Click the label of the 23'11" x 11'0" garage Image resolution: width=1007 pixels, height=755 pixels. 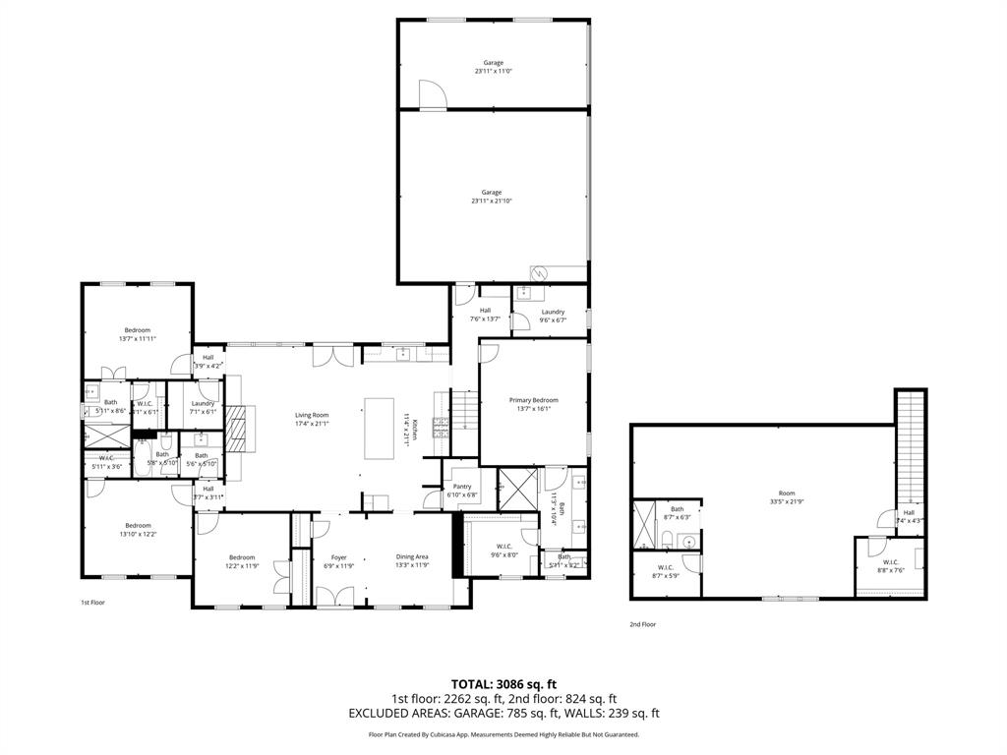[493, 63]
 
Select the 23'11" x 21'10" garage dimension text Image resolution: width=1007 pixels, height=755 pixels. [492, 202]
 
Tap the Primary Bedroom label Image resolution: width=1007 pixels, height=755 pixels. [533, 400]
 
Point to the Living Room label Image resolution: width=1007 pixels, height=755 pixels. [312, 415]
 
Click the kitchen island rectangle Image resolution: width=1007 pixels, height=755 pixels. [380, 429]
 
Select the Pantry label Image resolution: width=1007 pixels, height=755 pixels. [462, 486]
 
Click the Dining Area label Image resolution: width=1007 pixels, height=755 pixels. [412, 557]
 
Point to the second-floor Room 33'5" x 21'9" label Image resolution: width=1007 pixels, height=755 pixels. [787, 494]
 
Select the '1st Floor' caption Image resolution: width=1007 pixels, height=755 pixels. [92, 602]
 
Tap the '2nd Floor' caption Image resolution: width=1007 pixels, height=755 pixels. [642, 624]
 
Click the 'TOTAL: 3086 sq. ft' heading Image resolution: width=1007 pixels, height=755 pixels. [503, 683]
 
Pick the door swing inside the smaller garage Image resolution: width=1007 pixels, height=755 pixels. [433, 94]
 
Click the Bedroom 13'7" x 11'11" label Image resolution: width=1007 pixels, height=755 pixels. [138, 329]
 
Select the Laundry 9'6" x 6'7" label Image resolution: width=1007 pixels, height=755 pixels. [553, 312]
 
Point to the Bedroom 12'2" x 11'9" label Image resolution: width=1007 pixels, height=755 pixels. [242, 557]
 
